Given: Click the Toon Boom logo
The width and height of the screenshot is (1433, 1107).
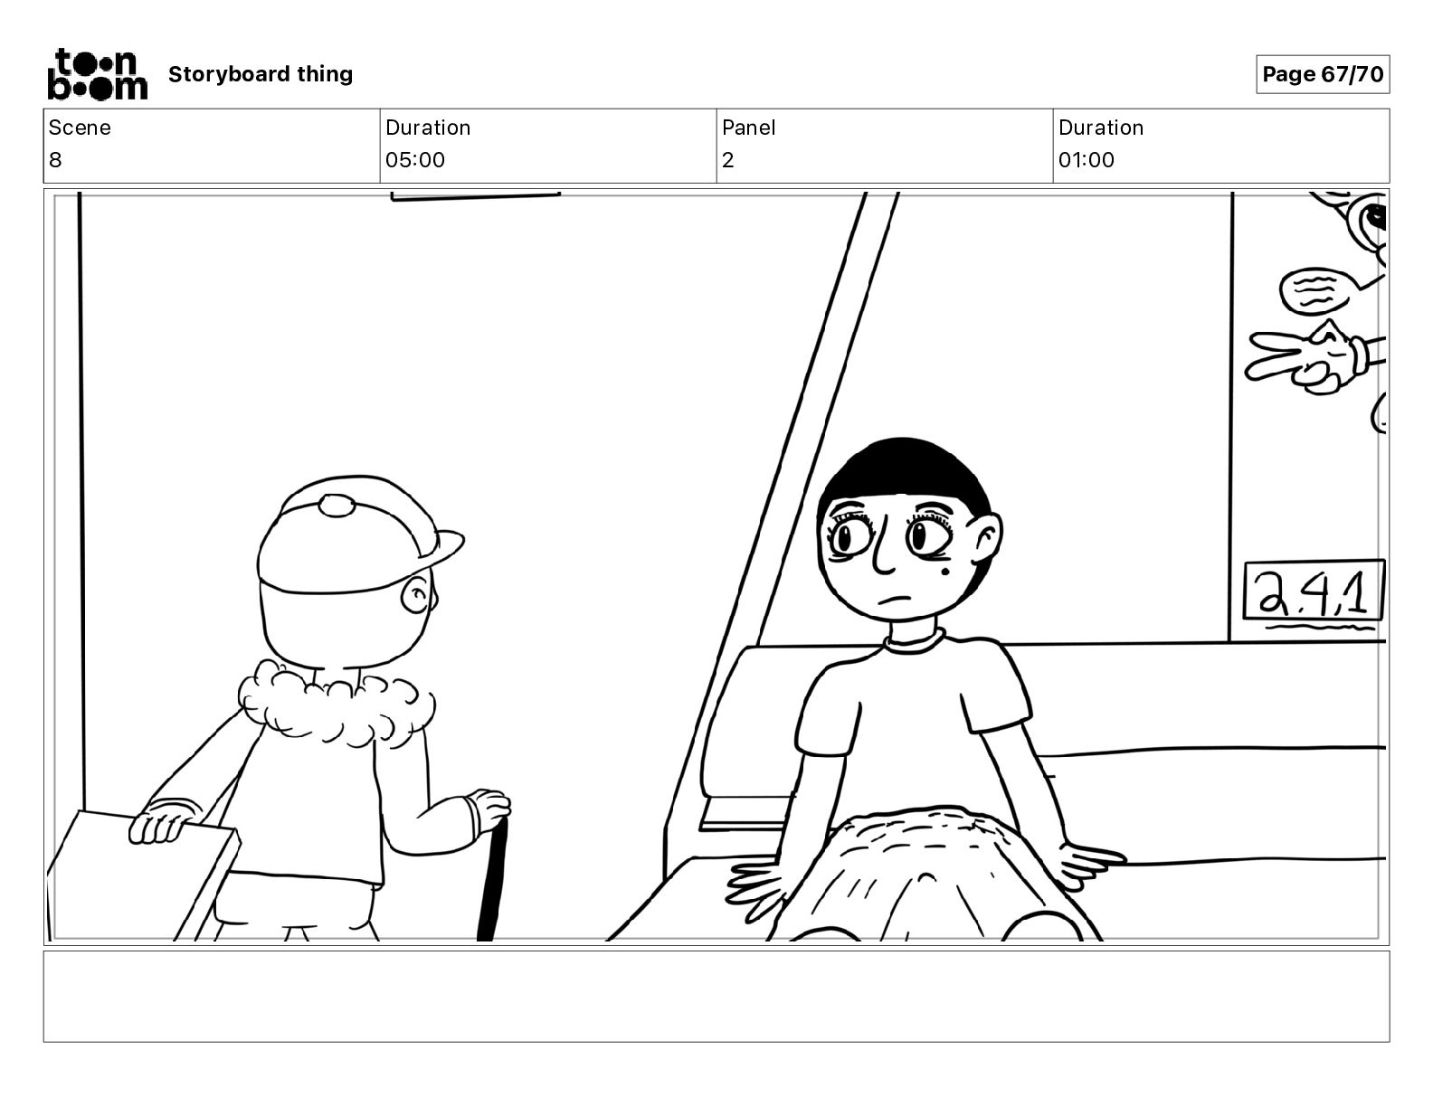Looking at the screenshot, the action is [x=98, y=74].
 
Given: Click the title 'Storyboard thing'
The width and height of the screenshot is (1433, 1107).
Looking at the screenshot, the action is [x=261, y=74].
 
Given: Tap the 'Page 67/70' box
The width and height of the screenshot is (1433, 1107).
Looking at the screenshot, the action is [x=1323, y=74].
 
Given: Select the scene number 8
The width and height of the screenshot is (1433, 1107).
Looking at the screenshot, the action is [x=55, y=159].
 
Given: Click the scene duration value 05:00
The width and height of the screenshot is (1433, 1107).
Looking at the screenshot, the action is [x=415, y=159].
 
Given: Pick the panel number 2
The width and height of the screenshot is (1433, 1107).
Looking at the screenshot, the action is [x=727, y=159].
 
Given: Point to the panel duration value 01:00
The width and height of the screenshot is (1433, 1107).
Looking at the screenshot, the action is [x=1087, y=159].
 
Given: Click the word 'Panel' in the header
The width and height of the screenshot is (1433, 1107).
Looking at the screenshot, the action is [x=748, y=128].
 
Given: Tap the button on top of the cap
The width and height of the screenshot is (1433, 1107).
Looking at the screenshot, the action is [x=337, y=506].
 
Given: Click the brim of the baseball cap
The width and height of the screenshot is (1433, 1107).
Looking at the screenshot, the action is [x=443, y=546].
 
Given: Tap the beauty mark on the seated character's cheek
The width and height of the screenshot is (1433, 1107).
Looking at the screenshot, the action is [x=944, y=571].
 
